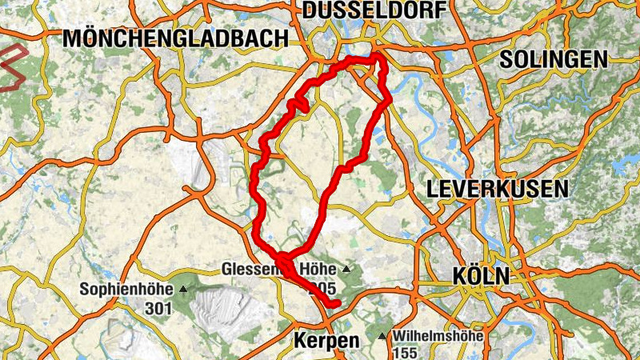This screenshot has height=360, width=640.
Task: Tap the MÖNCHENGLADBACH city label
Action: (x=175, y=38)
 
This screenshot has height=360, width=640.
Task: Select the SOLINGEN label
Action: (x=553, y=59)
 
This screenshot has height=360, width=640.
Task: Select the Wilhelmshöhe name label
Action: (x=438, y=335)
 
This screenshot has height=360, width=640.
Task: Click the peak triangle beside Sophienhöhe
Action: (x=184, y=289)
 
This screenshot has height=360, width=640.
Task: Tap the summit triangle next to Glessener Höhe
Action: (x=346, y=268)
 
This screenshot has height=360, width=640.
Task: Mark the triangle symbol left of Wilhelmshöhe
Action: (x=382, y=335)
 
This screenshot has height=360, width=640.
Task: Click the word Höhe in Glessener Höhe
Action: (x=318, y=268)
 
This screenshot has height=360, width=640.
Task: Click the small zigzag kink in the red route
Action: (x=301, y=105)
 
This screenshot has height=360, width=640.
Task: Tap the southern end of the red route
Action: (x=336, y=302)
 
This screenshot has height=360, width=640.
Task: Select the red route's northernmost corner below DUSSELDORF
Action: (x=375, y=57)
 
